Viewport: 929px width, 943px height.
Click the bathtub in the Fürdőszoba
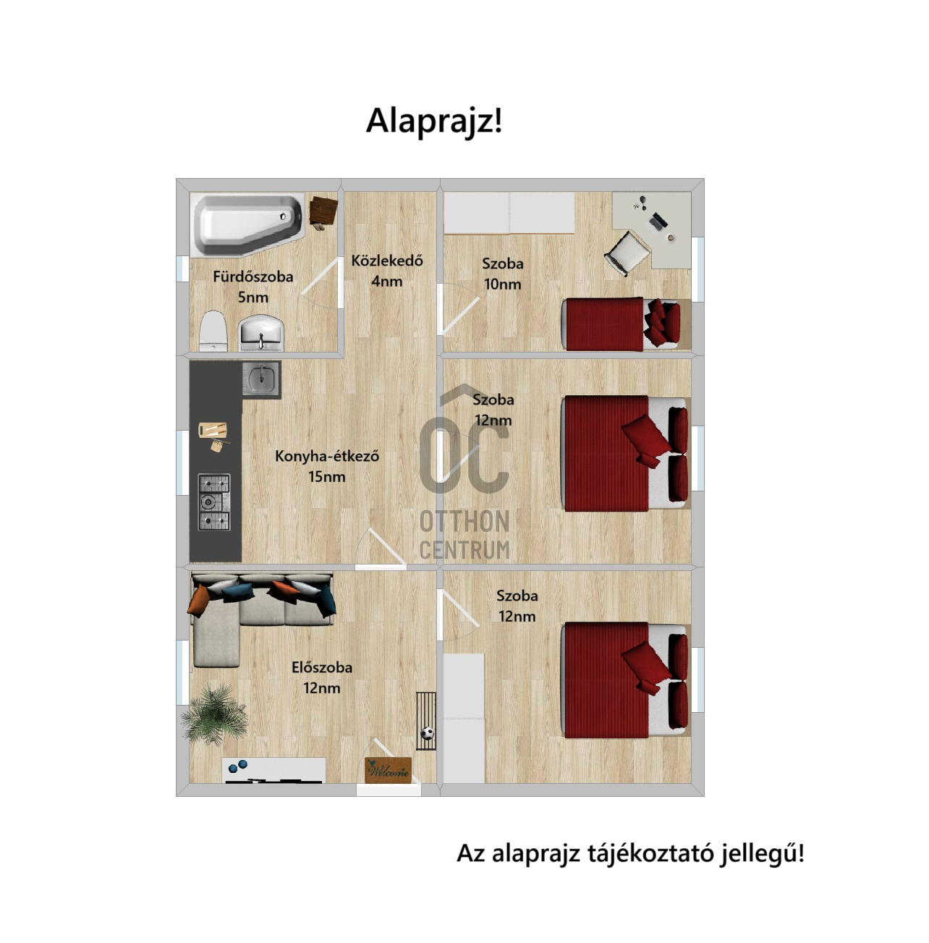(x=247, y=224)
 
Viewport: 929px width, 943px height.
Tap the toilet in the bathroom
(x=213, y=331)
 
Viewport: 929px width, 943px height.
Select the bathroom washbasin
(x=261, y=333)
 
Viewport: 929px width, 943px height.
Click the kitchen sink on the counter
(x=261, y=380)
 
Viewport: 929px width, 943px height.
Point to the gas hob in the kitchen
(x=214, y=502)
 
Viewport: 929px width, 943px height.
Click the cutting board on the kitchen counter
(x=213, y=430)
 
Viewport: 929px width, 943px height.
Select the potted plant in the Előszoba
(x=214, y=713)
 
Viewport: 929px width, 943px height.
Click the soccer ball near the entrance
(x=428, y=733)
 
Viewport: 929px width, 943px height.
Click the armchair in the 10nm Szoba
(x=627, y=253)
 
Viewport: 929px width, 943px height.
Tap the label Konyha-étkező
(x=327, y=456)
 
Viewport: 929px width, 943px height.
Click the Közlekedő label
(x=386, y=261)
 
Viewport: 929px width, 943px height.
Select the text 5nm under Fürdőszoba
(x=253, y=297)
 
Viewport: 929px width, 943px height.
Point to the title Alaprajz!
(x=434, y=121)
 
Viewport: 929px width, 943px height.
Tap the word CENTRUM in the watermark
(x=465, y=550)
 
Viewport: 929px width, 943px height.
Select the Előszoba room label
(x=322, y=667)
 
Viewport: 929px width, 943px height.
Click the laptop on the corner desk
(x=658, y=221)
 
